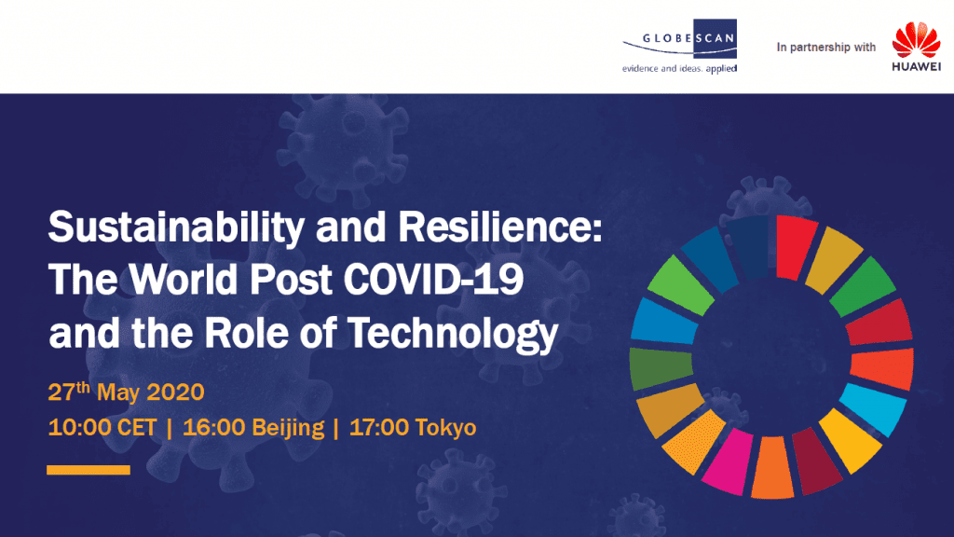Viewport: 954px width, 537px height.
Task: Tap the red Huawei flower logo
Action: click(x=915, y=41)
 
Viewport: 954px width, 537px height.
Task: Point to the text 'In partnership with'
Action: click(x=826, y=47)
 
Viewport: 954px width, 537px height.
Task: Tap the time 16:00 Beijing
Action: click(x=253, y=428)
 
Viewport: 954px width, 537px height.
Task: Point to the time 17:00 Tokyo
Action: click(x=412, y=428)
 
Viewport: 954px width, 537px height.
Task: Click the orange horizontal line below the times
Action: click(x=89, y=469)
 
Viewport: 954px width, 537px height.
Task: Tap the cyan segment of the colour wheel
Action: click(x=870, y=406)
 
